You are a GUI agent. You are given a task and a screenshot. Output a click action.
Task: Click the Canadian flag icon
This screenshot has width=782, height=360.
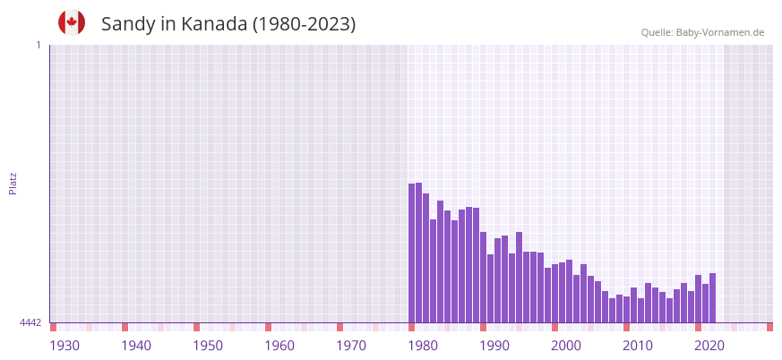click(72, 22)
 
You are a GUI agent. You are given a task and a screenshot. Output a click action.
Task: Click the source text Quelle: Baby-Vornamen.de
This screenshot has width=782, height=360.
click(702, 32)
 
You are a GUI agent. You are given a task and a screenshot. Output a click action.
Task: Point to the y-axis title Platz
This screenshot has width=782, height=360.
click(13, 183)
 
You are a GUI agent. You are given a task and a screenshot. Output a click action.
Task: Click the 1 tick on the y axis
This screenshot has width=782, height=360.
click(38, 45)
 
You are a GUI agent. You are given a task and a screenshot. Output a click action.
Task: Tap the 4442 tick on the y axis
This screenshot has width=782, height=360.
click(30, 322)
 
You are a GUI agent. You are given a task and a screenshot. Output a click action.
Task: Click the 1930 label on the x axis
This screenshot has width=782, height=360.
click(64, 346)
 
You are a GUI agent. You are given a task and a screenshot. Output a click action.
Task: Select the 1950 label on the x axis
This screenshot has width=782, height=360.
click(208, 346)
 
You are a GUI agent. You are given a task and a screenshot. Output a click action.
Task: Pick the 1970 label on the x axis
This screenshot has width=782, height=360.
click(351, 346)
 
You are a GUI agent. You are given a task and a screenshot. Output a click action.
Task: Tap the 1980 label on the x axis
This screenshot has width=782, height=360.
click(423, 346)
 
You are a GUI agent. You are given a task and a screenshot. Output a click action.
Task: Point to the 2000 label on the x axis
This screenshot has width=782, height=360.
click(566, 346)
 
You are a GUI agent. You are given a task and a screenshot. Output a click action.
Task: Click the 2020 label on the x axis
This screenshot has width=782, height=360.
click(709, 346)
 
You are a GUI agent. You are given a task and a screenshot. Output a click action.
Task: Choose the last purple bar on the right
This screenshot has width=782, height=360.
click(712, 297)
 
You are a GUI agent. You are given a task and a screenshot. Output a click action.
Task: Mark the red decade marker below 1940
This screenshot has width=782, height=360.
click(125, 327)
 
